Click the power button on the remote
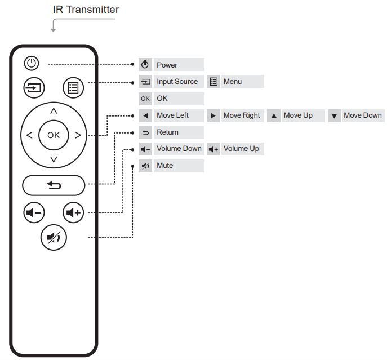(32, 64)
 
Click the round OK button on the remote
(54, 135)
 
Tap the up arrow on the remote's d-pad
(54, 110)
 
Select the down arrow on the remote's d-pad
(54, 159)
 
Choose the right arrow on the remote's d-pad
(78, 135)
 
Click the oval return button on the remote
(54, 184)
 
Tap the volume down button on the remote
(34, 212)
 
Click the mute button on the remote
(54, 237)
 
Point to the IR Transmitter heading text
(86, 10)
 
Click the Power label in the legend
(167, 65)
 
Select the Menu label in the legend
(233, 81)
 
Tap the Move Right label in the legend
(242, 115)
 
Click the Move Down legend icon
(334, 116)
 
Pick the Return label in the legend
(167, 132)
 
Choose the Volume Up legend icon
(213, 149)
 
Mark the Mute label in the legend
(165, 166)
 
